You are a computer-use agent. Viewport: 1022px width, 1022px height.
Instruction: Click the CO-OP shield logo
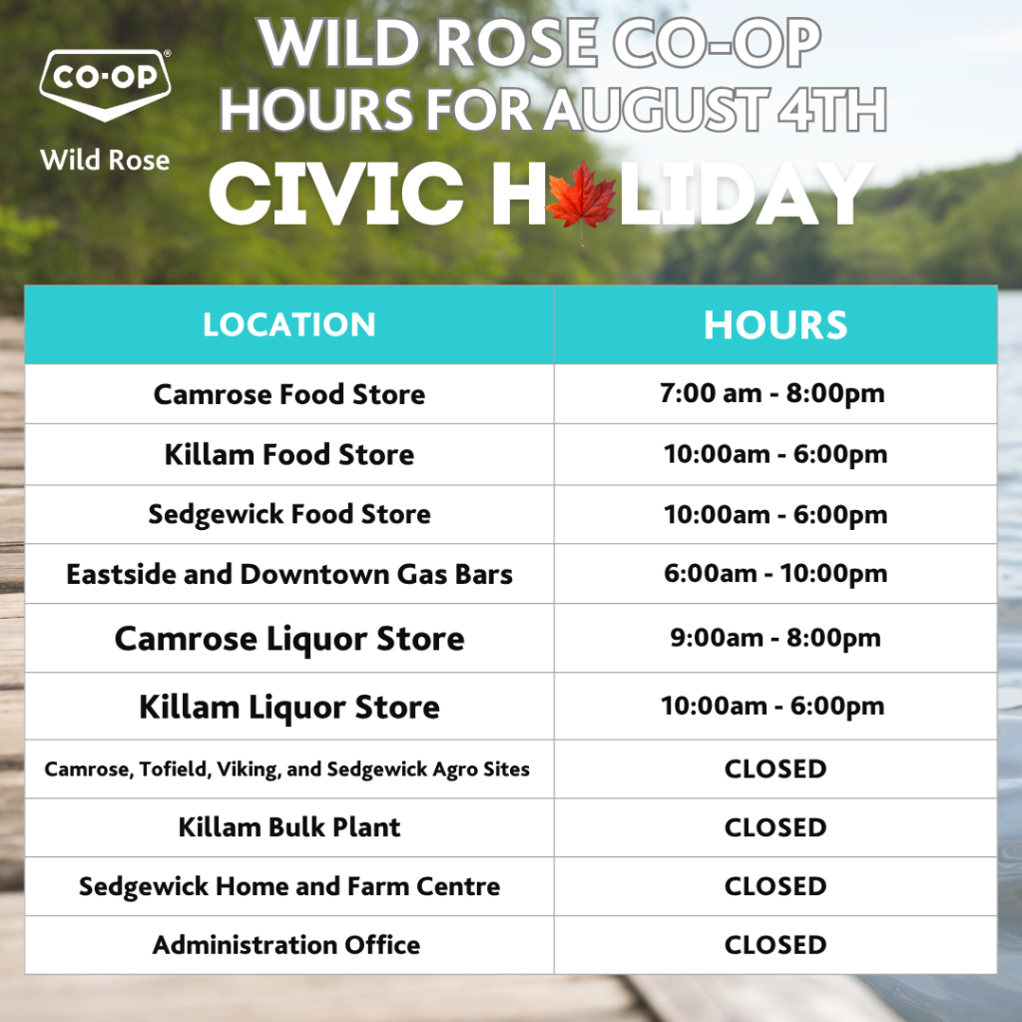105,84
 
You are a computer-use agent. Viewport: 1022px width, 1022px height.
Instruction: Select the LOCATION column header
288,324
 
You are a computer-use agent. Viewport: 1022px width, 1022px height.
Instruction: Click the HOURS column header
775,324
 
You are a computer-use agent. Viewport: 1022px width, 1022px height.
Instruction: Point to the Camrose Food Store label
289,394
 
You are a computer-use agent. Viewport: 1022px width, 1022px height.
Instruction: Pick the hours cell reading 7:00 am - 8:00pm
772,393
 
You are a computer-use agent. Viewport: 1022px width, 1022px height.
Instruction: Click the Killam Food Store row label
289,454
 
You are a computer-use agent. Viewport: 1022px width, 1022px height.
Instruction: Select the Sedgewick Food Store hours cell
775,515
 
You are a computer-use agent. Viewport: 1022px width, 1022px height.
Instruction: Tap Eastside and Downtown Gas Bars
289,574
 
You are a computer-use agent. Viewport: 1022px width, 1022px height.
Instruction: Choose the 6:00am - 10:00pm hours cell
775,574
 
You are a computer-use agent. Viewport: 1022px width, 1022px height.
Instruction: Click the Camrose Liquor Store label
289,638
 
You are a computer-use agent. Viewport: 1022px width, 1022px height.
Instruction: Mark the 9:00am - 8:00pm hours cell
775,638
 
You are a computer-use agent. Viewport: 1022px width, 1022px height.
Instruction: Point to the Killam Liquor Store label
289,707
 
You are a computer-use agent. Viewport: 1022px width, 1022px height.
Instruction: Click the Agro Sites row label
286,769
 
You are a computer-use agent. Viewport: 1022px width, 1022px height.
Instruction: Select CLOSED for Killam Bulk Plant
775,827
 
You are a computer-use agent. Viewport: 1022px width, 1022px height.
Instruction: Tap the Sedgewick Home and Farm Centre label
289,886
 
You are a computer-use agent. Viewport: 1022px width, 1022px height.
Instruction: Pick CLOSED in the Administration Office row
775,945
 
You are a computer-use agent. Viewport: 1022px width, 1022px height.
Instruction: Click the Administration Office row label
286,945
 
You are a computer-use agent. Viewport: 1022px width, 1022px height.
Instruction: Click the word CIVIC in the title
336,194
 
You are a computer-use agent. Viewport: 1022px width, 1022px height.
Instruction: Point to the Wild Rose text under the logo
105,160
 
